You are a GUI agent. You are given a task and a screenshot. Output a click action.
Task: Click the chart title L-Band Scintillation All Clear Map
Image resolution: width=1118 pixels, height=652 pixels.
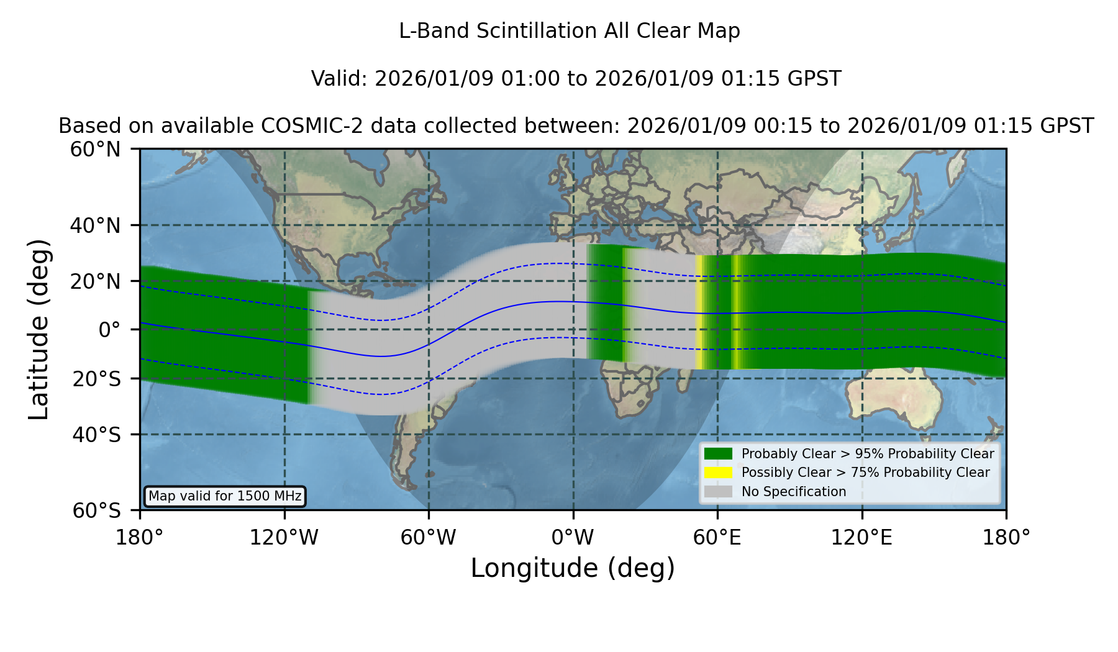tap(570, 31)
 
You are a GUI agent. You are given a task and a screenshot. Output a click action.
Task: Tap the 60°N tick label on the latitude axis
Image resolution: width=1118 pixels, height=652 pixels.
tap(95, 150)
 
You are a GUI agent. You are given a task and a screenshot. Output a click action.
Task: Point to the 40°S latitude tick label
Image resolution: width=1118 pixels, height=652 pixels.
tap(96, 435)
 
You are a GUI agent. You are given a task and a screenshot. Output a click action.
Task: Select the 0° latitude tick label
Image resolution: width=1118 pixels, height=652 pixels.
tap(109, 330)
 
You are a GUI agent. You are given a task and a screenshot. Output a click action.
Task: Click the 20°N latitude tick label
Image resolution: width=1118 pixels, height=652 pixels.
tap(95, 281)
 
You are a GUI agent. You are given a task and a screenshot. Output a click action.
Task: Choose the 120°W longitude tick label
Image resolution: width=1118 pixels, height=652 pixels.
tap(284, 538)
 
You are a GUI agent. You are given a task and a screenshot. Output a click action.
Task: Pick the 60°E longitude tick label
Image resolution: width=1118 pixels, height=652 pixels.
tap(717, 538)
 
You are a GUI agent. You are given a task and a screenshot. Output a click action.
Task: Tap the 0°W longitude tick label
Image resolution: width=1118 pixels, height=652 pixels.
tap(573, 538)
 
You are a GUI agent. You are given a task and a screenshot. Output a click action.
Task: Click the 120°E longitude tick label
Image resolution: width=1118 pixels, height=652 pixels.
tap(862, 538)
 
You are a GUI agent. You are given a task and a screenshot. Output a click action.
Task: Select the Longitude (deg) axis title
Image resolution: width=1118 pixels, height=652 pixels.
tap(573, 568)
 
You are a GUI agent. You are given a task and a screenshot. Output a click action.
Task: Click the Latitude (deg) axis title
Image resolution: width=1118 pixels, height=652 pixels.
tap(39, 329)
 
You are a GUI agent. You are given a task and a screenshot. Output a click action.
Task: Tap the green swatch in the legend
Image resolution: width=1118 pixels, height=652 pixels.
tap(719, 453)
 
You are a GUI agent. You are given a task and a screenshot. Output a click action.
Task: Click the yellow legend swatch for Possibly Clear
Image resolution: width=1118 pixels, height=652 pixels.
tap(719, 473)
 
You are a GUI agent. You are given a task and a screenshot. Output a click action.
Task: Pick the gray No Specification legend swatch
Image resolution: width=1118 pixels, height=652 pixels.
tap(719, 492)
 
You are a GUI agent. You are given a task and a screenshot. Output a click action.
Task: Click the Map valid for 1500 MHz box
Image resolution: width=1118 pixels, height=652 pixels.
tap(225, 496)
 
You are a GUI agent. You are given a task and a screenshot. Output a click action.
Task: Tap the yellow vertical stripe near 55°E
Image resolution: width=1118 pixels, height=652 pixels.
tap(699, 312)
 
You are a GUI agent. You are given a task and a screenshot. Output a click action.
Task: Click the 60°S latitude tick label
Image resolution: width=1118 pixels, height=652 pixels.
tap(96, 511)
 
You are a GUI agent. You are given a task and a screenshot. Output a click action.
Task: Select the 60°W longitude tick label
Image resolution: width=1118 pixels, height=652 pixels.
tap(429, 538)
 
